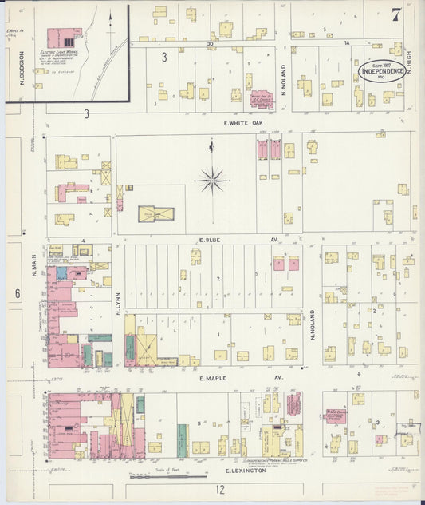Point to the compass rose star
(212, 180)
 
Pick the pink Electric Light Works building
(64, 37)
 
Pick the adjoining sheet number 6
(16, 293)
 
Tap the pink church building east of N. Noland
(336, 416)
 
